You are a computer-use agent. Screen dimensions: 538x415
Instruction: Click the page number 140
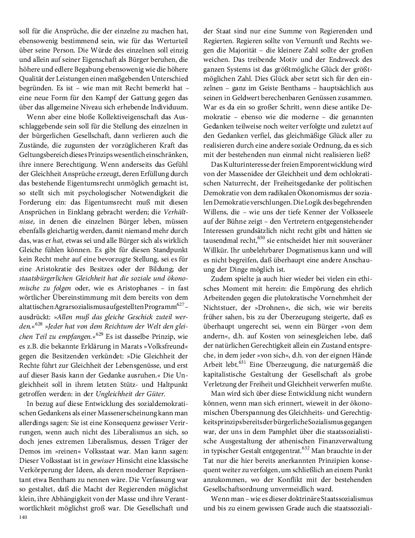coord(23,517)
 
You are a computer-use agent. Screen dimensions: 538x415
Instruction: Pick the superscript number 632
coord(305,448)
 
